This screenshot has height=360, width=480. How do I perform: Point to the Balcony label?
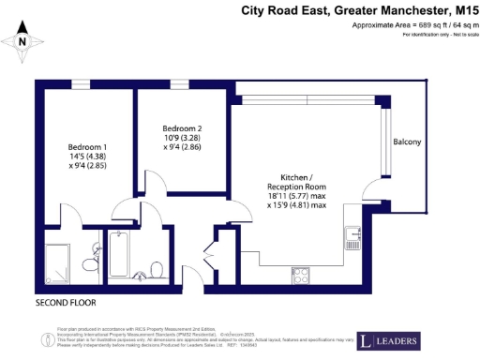click(406, 142)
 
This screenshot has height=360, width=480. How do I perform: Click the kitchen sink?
click(353, 235)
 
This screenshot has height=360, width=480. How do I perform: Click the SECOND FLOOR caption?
click(65, 303)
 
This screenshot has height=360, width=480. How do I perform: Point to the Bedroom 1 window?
click(82, 84)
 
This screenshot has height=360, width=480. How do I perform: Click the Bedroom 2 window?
click(180, 84)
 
